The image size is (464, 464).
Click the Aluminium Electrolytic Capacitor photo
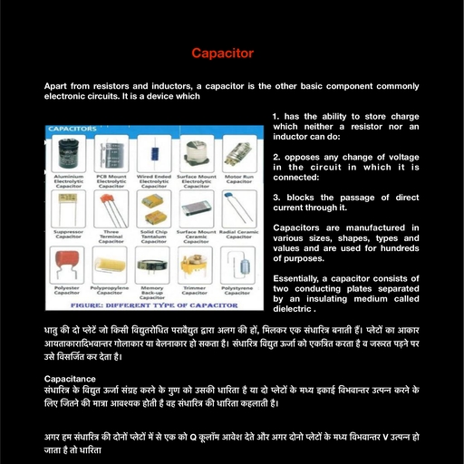69,150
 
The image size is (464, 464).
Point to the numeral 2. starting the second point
275,157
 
